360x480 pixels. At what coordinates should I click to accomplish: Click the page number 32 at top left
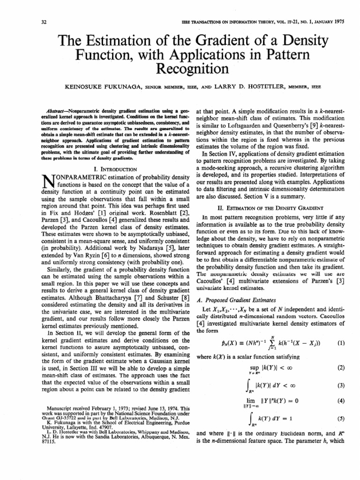(18, 22)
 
